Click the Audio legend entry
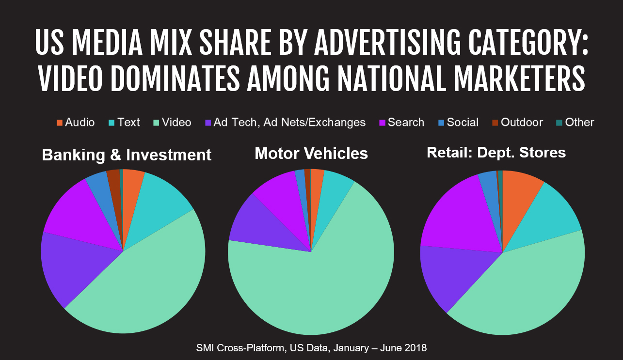click(76, 123)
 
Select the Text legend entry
click(124, 123)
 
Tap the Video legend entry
click(172, 123)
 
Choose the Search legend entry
click(401, 123)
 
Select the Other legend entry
click(575, 123)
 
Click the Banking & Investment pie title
click(127, 155)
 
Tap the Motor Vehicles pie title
click(311, 154)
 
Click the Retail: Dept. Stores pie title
click(496, 153)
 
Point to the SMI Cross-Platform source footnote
click(311, 348)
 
